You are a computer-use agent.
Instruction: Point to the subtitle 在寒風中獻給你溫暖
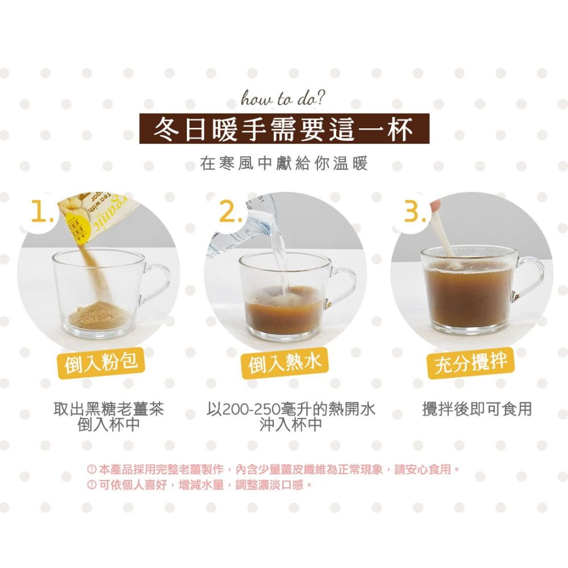[284, 165]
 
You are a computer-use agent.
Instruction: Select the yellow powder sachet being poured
[85, 219]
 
